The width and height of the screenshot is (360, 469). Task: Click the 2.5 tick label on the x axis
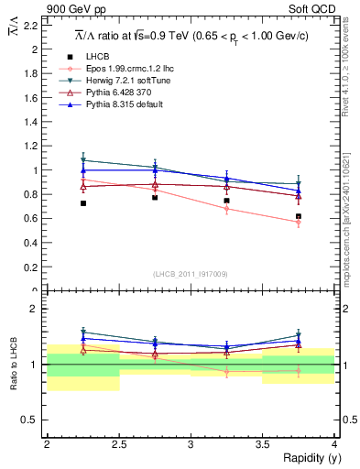click(118, 443)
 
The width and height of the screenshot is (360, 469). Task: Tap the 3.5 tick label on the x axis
click(262, 443)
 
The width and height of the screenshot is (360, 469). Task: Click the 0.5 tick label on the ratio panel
click(31, 420)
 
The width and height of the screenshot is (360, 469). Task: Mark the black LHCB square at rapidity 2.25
click(82, 203)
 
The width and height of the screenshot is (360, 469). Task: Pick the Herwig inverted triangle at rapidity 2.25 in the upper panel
click(82, 160)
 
